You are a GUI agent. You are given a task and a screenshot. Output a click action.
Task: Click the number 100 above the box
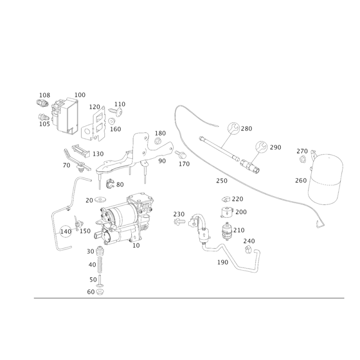[80, 94]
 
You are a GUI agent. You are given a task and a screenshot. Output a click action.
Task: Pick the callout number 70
[67, 166]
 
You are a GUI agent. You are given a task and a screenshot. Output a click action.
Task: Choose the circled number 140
[66, 231]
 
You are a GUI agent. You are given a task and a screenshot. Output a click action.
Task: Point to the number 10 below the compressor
[134, 246]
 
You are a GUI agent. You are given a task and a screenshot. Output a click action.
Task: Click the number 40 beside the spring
[90, 264]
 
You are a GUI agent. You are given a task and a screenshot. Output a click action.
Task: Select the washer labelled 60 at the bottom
[101, 292]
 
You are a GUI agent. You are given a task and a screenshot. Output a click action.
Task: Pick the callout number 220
[238, 199]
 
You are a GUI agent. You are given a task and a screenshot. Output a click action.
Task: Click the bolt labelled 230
[179, 221]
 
